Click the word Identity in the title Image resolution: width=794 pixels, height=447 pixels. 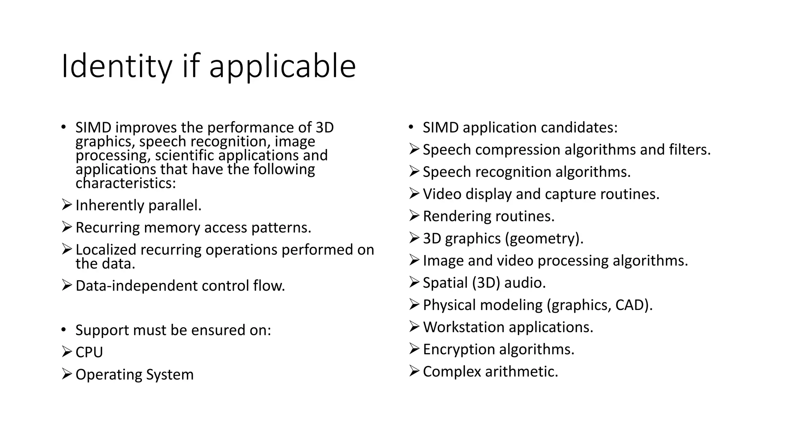(x=116, y=67)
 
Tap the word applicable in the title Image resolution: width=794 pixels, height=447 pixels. (x=282, y=67)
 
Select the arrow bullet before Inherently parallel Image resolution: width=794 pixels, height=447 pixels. (x=67, y=204)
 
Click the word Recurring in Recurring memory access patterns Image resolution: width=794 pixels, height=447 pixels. (x=107, y=228)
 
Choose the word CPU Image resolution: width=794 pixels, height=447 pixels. (x=89, y=352)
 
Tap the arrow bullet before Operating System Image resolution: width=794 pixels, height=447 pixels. (x=67, y=374)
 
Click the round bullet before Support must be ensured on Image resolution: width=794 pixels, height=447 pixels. (x=64, y=330)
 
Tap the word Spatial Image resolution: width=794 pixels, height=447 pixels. (x=445, y=283)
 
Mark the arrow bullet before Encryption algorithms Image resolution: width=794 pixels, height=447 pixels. (x=414, y=349)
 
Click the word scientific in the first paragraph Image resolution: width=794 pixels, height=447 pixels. (x=185, y=156)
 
